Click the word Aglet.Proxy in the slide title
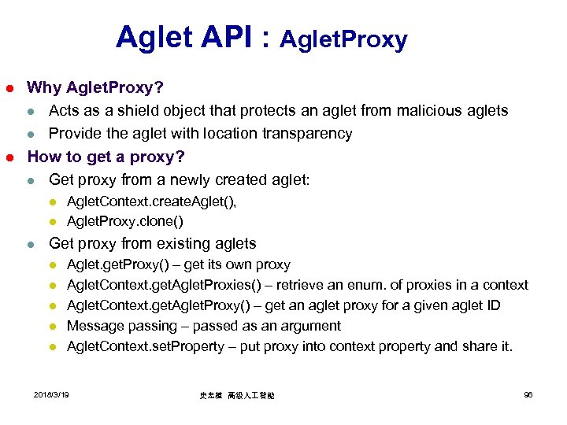pos(343,39)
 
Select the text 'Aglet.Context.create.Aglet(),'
pos(152,201)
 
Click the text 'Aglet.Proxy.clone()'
pos(125,221)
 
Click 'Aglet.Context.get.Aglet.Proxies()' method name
pos(162,285)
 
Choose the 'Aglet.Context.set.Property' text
pos(146,346)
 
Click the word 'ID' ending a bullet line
pos(491,305)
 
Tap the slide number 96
pos(528,394)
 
